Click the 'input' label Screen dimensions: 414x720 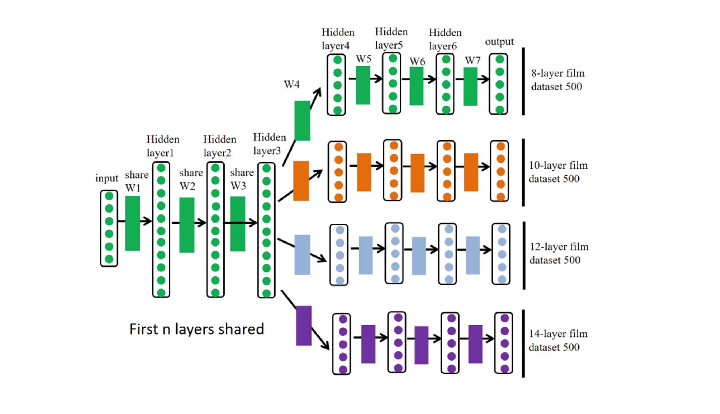click(106, 179)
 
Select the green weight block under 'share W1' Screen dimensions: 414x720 click(132, 223)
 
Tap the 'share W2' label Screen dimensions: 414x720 click(191, 179)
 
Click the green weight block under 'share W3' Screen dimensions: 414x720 click(237, 224)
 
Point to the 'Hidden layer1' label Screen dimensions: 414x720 click(163, 146)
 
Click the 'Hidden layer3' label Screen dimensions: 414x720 click(269, 144)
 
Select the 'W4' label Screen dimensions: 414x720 click(292, 85)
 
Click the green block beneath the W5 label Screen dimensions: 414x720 click(363, 85)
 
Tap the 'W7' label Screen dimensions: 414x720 click(472, 60)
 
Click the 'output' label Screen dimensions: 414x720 click(499, 42)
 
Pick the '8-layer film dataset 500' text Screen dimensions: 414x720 click(557, 80)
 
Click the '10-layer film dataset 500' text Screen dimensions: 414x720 click(558, 172)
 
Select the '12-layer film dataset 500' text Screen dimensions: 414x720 click(558, 253)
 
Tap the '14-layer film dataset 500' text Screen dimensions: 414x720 click(558, 340)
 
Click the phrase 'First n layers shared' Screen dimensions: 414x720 click(196, 329)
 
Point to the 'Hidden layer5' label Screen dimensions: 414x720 click(391, 38)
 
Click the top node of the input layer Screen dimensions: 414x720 click(109, 196)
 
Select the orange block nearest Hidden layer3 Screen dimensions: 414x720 click(301, 181)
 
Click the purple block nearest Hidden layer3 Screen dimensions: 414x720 click(303, 326)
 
